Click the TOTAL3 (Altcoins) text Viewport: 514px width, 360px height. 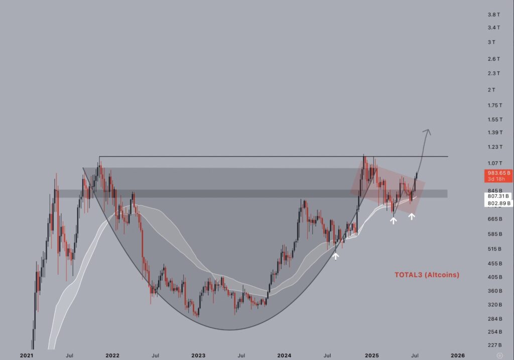426,275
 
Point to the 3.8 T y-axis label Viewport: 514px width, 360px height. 494,15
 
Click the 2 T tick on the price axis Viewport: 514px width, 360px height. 491,90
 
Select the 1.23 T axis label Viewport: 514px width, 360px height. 494,147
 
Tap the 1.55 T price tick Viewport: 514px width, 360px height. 494,119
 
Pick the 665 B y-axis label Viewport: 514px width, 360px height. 494,219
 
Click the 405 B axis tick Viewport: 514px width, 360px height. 494,277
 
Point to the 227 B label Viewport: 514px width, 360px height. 494,345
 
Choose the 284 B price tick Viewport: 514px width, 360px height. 494,319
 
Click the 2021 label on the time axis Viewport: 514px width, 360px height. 27,355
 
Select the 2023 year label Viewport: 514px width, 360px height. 198,355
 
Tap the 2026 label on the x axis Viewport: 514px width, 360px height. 457,355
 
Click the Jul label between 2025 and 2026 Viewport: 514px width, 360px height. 415,355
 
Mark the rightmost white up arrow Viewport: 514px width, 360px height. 412,216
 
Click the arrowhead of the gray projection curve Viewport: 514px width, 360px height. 428,132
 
